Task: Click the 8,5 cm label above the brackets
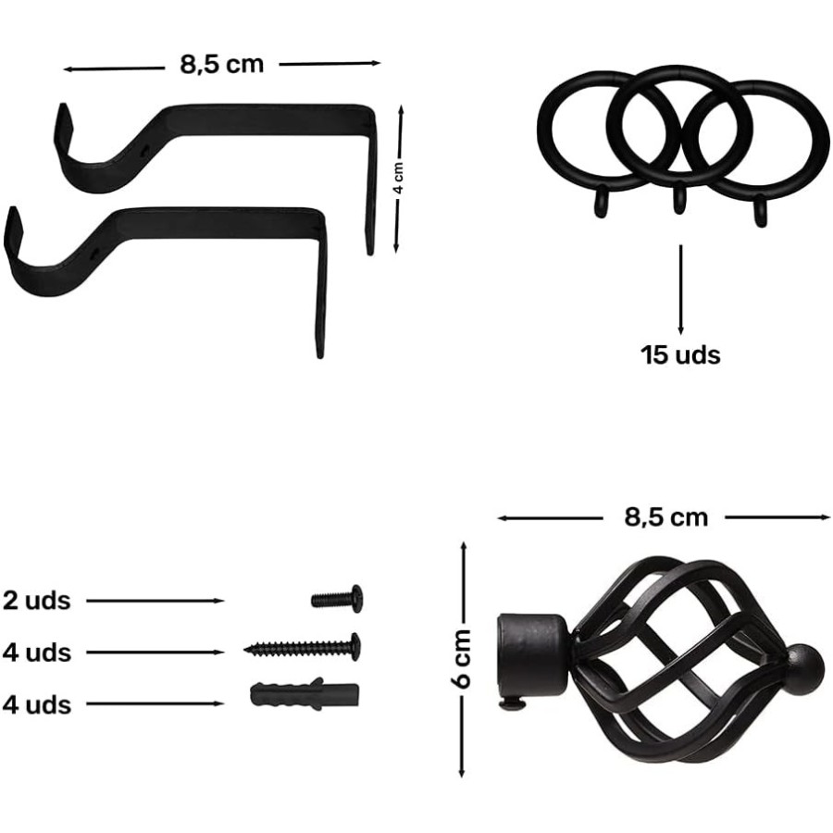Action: pos(221,64)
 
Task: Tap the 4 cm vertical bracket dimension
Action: pos(400,178)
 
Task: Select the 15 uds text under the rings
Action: pos(680,354)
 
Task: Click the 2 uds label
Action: pos(36,601)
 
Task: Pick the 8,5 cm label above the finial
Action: pos(666,516)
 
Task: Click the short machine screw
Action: pos(337,599)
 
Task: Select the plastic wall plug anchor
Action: pos(304,694)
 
